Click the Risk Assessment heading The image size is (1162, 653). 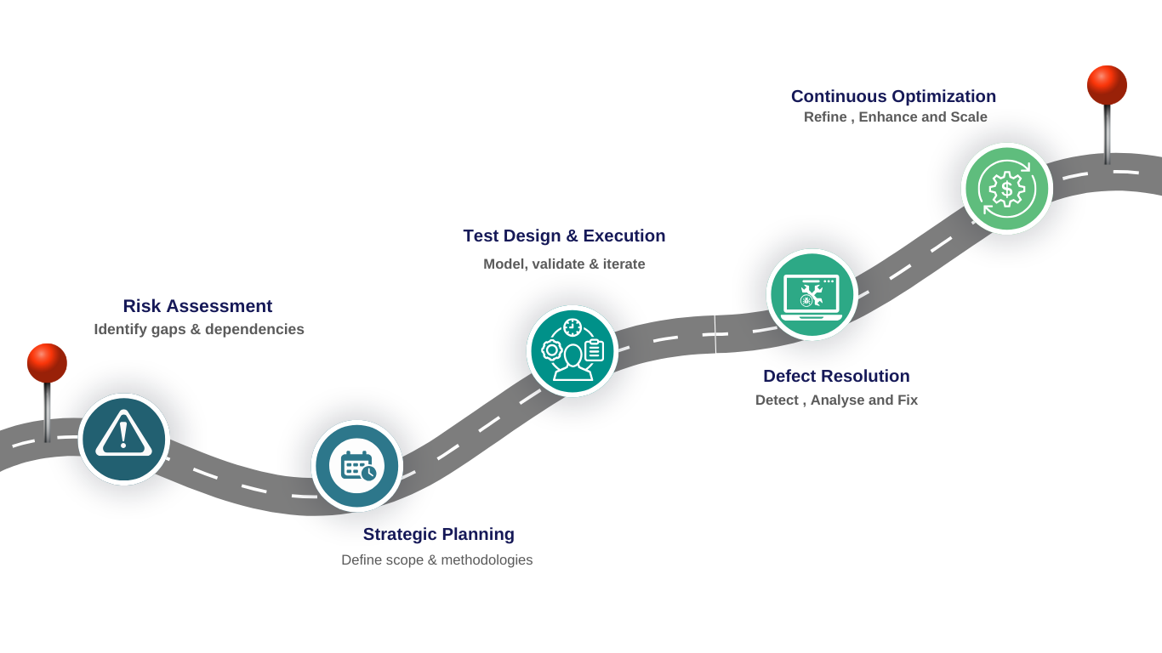coord(197,306)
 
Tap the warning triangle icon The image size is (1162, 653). coord(124,439)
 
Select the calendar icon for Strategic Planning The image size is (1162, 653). coord(356,466)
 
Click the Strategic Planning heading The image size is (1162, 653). coord(438,535)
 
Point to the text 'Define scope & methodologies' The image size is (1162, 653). coord(436,560)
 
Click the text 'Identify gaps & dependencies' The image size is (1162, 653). coord(198,329)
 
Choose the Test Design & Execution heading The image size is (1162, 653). coord(564,236)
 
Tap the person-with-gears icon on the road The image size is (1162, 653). coord(572,350)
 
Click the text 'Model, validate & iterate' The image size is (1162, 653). coord(564,264)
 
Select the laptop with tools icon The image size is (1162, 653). coord(811,294)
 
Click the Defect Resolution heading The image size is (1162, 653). coord(836,376)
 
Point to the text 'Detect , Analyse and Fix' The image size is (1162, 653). coord(836,400)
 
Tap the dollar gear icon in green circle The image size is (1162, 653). coord(1006,189)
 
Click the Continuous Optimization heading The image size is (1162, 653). coord(893,96)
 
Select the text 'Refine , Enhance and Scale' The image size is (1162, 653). coord(896,117)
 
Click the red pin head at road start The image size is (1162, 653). coord(47,362)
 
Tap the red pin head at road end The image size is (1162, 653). coord(1107,85)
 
